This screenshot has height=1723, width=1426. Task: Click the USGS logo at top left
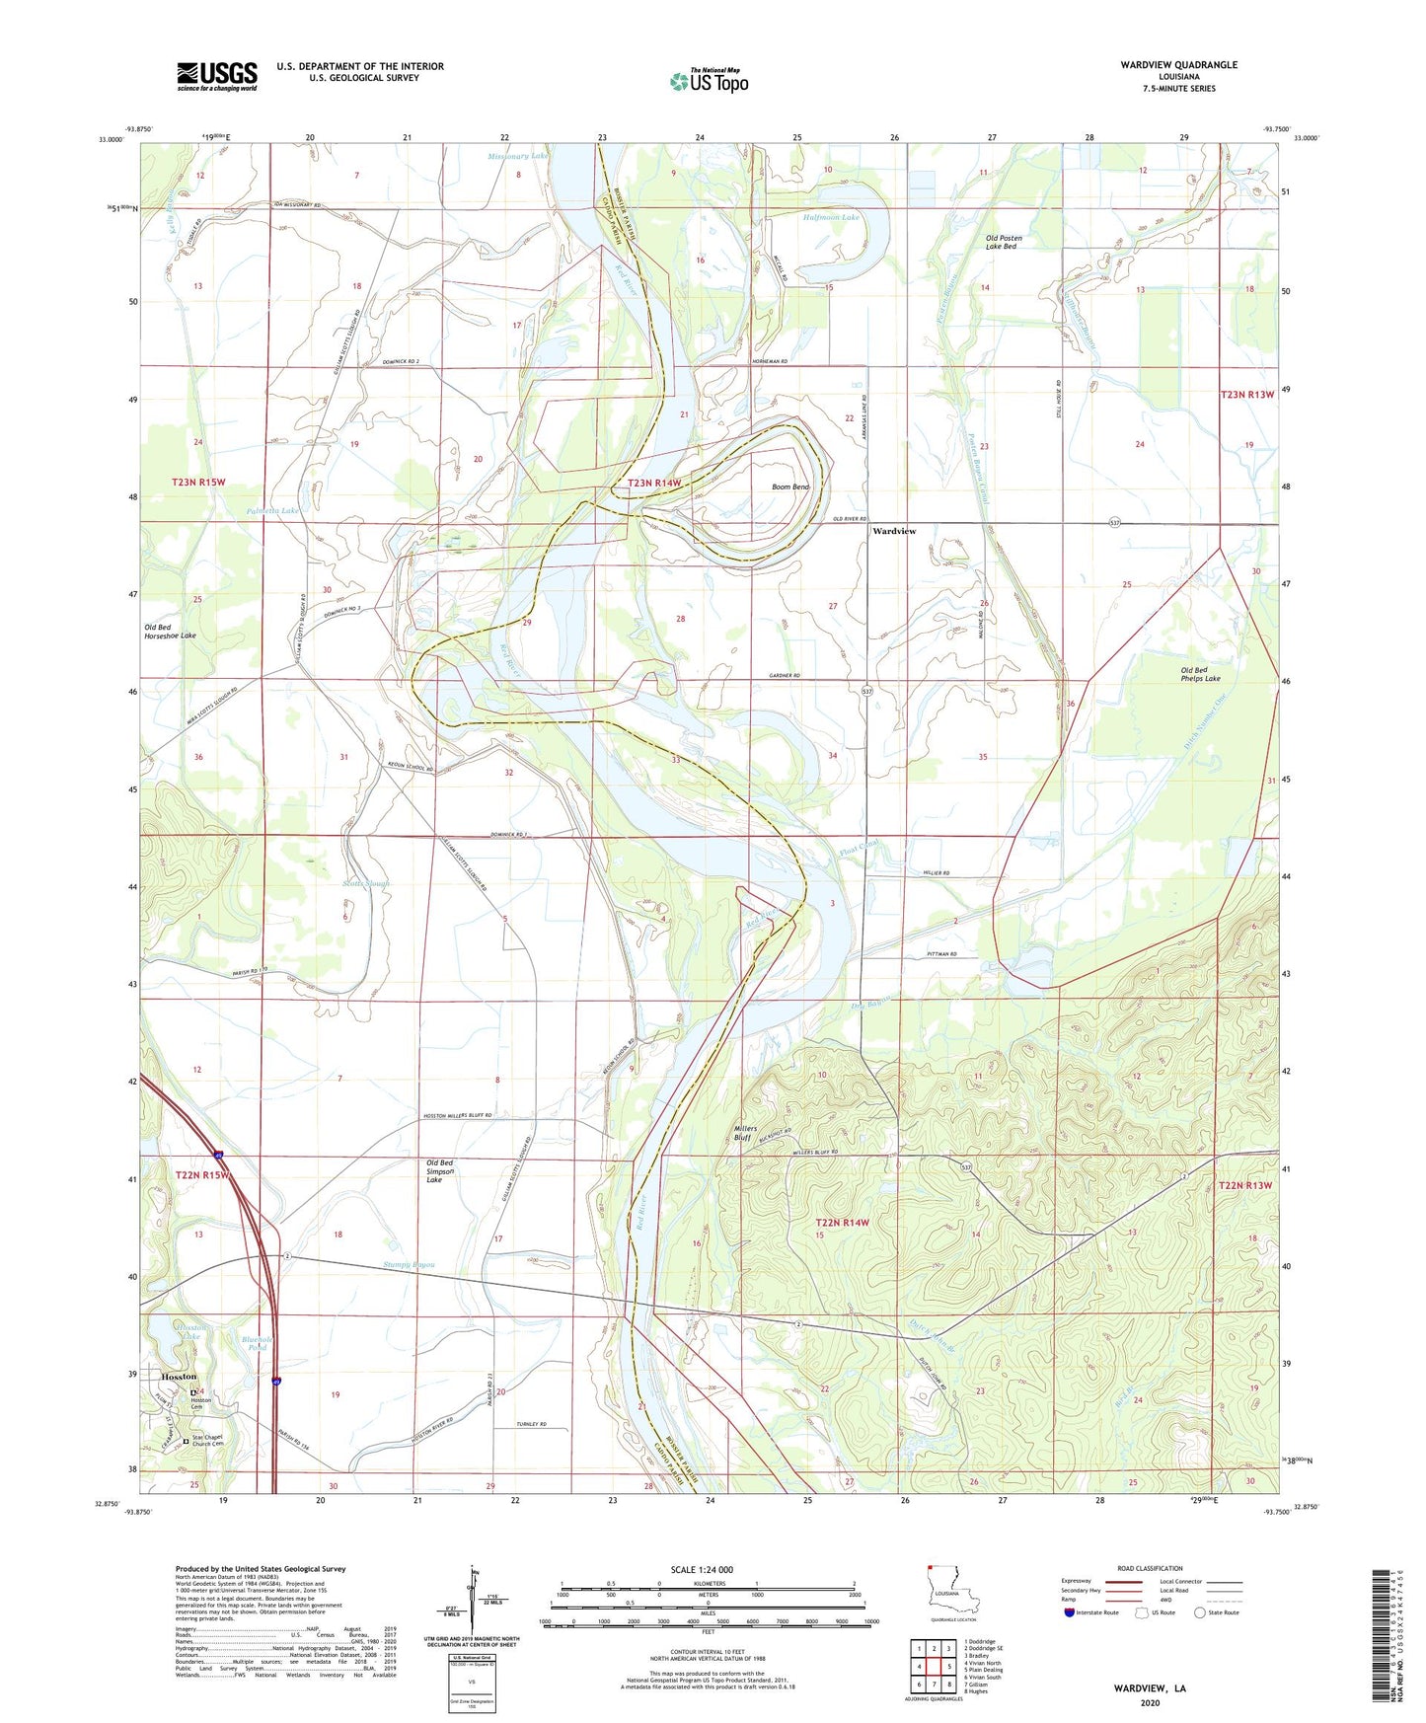pyautogui.click(x=217, y=76)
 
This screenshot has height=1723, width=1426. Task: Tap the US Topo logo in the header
pyautogui.click(x=709, y=81)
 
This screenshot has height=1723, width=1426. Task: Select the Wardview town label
pyautogui.click(x=894, y=531)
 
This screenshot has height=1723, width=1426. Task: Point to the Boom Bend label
pyautogui.click(x=789, y=487)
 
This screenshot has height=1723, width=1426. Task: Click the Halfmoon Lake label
pyautogui.click(x=831, y=217)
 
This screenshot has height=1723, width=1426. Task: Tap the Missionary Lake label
pyautogui.click(x=518, y=156)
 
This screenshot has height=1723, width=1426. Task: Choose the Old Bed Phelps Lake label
pyautogui.click(x=1200, y=674)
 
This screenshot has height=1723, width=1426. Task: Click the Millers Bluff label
pyautogui.click(x=745, y=1133)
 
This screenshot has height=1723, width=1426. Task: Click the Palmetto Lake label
pyautogui.click(x=272, y=511)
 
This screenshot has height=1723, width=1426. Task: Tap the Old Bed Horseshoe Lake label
pyautogui.click(x=170, y=632)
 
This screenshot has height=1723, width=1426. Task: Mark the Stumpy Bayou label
pyautogui.click(x=409, y=1264)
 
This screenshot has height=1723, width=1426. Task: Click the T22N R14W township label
pyautogui.click(x=843, y=1223)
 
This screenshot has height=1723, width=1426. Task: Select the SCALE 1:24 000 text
pyautogui.click(x=702, y=1569)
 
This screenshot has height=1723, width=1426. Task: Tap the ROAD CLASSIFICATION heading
pyautogui.click(x=1150, y=1568)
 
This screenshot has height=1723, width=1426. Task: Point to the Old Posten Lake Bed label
pyautogui.click(x=1004, y=242)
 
